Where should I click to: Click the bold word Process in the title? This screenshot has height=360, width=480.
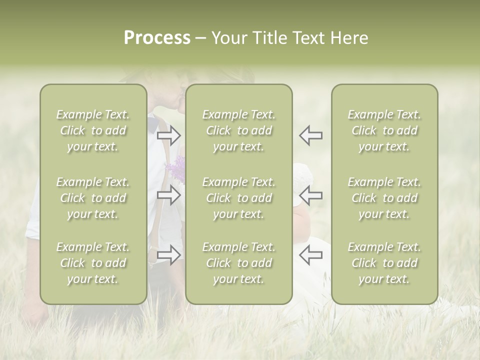click(x=157, y=38)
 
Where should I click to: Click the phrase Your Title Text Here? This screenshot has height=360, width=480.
click(x=289, y=38)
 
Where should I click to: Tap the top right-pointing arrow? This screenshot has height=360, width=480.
click(x=169, y=135)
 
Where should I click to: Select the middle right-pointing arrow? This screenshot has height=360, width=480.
click(x=169, y=195)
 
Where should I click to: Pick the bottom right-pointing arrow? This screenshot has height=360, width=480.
click(x=169, y=255)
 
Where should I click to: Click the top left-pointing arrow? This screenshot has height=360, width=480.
click(x=310, y=135)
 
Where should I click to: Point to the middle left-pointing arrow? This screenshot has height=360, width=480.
click(x=310, y=195)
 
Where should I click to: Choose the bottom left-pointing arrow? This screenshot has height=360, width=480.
click(x=310, y=255)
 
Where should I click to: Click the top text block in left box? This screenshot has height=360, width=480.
click(x=93, y=130)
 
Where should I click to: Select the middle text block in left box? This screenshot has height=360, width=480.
click(x=93, y=198)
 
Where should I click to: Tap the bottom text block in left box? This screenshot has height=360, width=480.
click(x=93, y=263)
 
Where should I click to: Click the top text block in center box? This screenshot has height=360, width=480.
click(x=238, y=130)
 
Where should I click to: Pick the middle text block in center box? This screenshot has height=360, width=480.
click(x=238, y=198)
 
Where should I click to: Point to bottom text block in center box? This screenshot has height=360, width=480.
click(x=238, y=263)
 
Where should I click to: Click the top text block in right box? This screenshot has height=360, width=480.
click(x=384, y=130)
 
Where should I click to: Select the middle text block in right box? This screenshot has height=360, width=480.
click(x=384, y=198)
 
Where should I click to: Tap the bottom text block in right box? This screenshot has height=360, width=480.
click(x=384, y=263)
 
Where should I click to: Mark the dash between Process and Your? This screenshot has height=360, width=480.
click(x=200, y=38)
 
